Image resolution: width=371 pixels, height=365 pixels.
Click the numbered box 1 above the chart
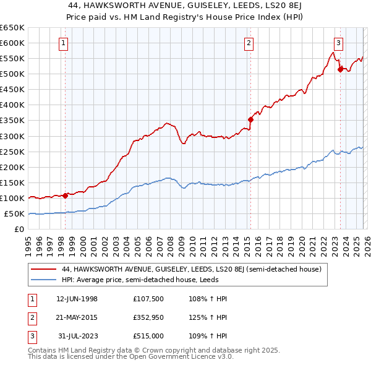tap(65, 43)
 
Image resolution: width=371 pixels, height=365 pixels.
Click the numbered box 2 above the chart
tap(248, 43)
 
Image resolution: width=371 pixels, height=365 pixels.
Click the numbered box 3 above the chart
tap(339, 43)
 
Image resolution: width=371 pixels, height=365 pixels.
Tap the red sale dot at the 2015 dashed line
tap(251, 119)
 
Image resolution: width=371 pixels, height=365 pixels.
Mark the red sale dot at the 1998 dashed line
tap(66, 195)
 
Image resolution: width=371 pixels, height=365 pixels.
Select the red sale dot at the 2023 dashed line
tap(340, 69)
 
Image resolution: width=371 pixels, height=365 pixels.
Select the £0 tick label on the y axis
tap(19, 229)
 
